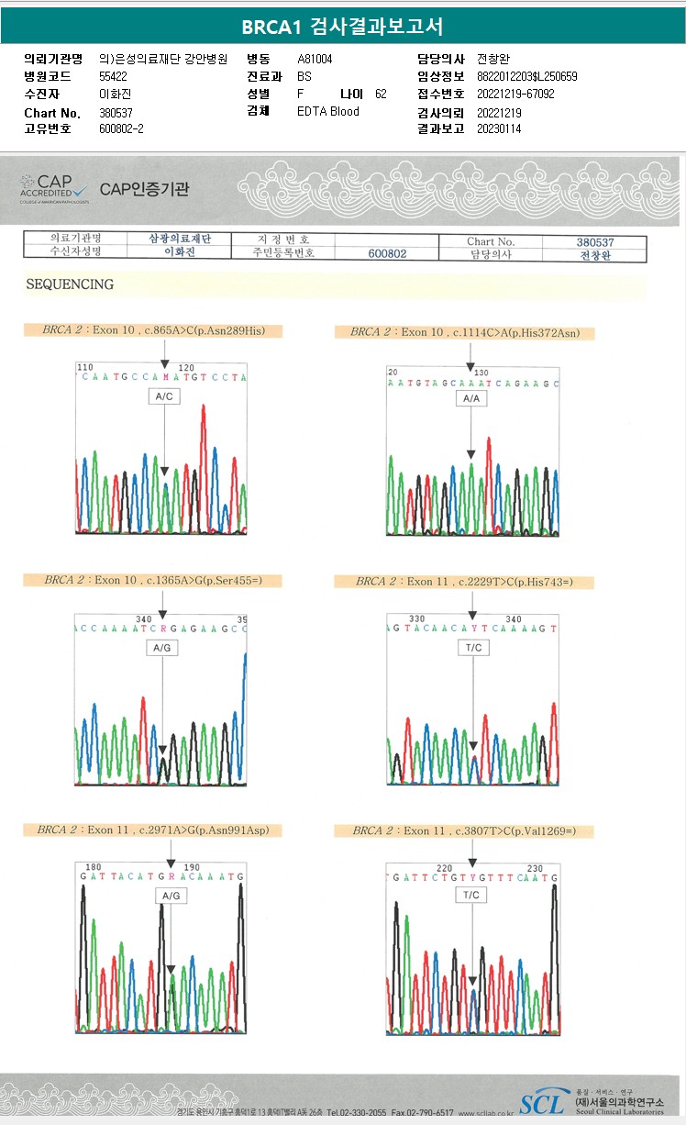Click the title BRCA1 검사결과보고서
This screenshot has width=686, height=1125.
[x=342, y=28]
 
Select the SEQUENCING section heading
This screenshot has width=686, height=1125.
[x=70, y=284]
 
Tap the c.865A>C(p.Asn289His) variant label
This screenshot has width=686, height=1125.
[x=153, y=330]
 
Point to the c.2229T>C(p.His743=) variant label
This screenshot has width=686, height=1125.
[x=475, y=582]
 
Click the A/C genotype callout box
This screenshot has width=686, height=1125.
[x=165, y=396]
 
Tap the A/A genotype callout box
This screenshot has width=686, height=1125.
[x=470, y=399]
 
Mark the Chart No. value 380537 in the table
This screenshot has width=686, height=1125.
[x=594, y=242]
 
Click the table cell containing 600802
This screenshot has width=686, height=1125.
[x=387, y=254]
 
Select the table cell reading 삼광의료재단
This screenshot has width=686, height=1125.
[x=181, y=239]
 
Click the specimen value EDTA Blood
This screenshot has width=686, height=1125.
[x=328, y=112]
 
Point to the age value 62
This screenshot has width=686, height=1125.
[x=381, y=95]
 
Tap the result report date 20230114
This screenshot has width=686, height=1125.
[x=499, y=129]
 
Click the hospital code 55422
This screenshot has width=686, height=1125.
[x=113, y=77]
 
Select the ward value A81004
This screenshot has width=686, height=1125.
[x=315, y=60]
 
